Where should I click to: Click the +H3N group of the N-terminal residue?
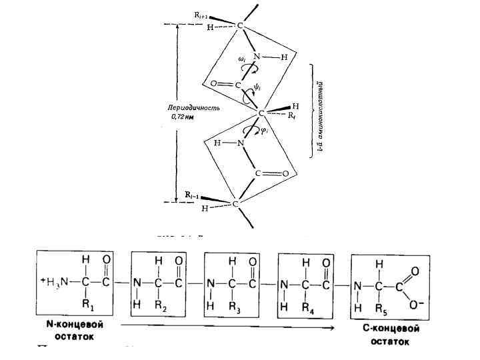53,281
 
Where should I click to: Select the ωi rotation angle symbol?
243,59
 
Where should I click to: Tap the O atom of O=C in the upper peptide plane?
213,84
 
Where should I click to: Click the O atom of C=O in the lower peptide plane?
285,174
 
